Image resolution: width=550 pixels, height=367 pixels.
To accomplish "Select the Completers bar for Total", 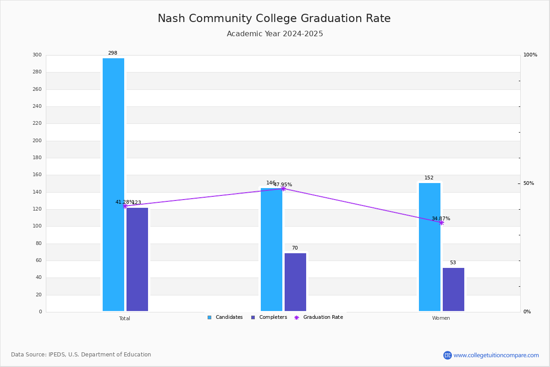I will click(x=137, y=259).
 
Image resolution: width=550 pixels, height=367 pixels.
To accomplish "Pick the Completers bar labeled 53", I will click(x=453, y=289).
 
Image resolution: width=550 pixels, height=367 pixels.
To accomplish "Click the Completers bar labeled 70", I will click(x=295, y=282).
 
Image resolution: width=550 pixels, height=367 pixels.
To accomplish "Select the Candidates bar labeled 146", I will click(x=271, y=250).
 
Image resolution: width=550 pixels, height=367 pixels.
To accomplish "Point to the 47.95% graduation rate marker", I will click(x=283, y=189).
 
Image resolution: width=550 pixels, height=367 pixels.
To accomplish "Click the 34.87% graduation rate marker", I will click(x=441, y=222).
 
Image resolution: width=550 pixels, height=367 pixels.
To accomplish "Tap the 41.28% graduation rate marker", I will click(x=125, y=206).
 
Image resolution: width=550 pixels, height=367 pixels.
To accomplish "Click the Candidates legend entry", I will click(x=225, y=317).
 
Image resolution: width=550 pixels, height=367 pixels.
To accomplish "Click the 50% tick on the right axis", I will click(x=528, y=183).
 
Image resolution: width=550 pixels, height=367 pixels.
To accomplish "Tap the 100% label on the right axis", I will click(x=530, y=55).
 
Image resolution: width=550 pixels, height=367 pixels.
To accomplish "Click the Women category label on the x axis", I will click(x=441, y=318).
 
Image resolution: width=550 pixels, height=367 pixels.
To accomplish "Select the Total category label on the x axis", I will click(x=125, y=318).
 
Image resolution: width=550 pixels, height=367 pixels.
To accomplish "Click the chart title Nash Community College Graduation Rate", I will click(x=274, y=18).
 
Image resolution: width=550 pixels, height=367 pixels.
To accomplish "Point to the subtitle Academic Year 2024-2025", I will click(x=275, y=34).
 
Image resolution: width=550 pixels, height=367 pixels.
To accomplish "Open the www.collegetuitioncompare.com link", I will click(x=496, y=355).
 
